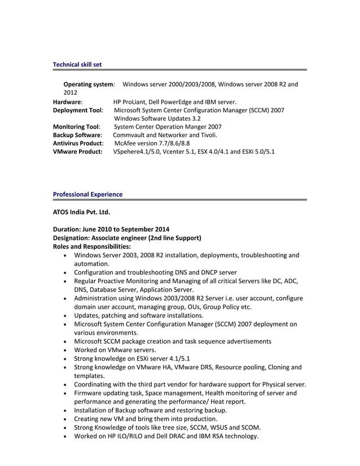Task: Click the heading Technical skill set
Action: coord(77,65)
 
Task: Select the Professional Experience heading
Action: coord(87,195)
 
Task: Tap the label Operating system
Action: coord(89,84)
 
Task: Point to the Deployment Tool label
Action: coord(78,111)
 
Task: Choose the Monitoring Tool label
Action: coord(76,127)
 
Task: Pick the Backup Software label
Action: coord(77,135)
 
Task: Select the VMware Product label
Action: coord(77,152)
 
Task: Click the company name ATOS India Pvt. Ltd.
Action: coord(81,212)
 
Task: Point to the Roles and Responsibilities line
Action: coord(91,247)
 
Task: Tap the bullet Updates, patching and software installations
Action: coord(138,315)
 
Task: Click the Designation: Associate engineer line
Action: coord(127,238)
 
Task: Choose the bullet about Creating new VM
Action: coord(145,419)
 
